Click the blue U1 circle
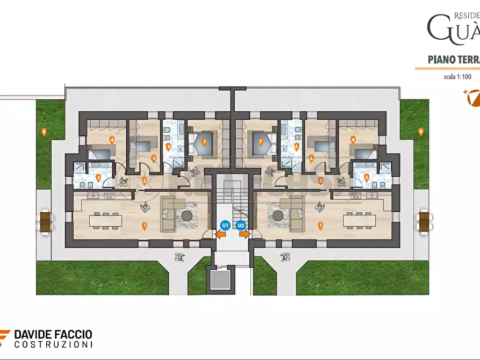225,225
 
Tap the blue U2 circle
241,225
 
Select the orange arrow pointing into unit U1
220,234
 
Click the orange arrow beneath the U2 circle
245,234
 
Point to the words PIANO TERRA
453,59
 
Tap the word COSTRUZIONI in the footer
53,344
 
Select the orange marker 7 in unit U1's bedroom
204,142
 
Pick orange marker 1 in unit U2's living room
320,226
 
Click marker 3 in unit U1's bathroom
98,176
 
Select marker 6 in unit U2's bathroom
296,146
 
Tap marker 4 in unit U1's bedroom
112,140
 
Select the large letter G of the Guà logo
437,28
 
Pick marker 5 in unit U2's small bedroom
311,158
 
